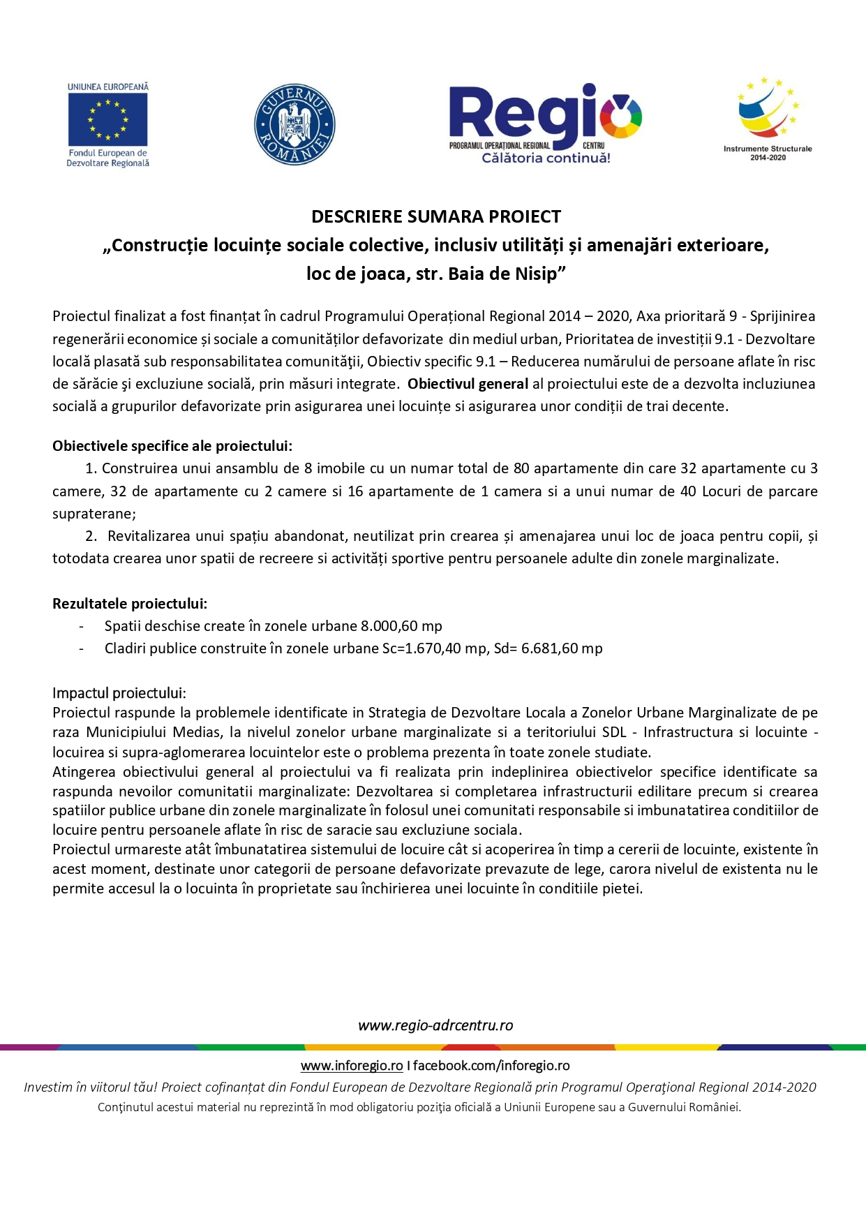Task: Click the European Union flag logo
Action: (x=107, y=119)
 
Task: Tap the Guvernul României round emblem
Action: (x=294, y=125)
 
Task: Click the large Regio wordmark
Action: (x=523, y=113)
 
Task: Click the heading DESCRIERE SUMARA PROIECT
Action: (x=436, y=216)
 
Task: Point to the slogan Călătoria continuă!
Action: (x=546, y=158)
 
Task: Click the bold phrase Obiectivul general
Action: (x=468, y=384)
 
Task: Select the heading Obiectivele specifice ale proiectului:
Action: (x=172, y=446)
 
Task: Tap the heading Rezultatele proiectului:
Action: (x=130, y=604)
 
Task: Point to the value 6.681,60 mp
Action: (x=562, y=648)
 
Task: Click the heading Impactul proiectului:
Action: (x=119, y=693)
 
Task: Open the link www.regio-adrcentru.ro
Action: (x=435, y=1025)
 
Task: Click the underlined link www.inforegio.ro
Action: (x=352, y=1066)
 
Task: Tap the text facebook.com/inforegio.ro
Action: (x=491, y=1066)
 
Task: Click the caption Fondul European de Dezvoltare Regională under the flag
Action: (x=108, y=158)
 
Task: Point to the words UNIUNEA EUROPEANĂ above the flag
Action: (x=108, y=87)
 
